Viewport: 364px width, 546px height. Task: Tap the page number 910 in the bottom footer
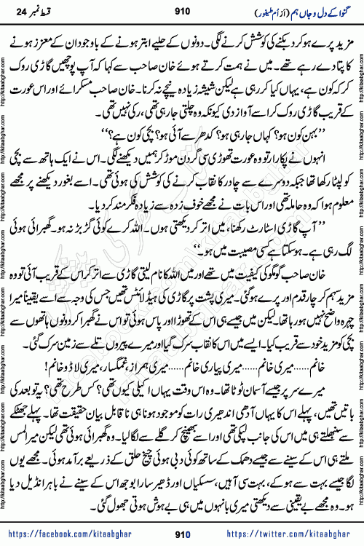(182, 534)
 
